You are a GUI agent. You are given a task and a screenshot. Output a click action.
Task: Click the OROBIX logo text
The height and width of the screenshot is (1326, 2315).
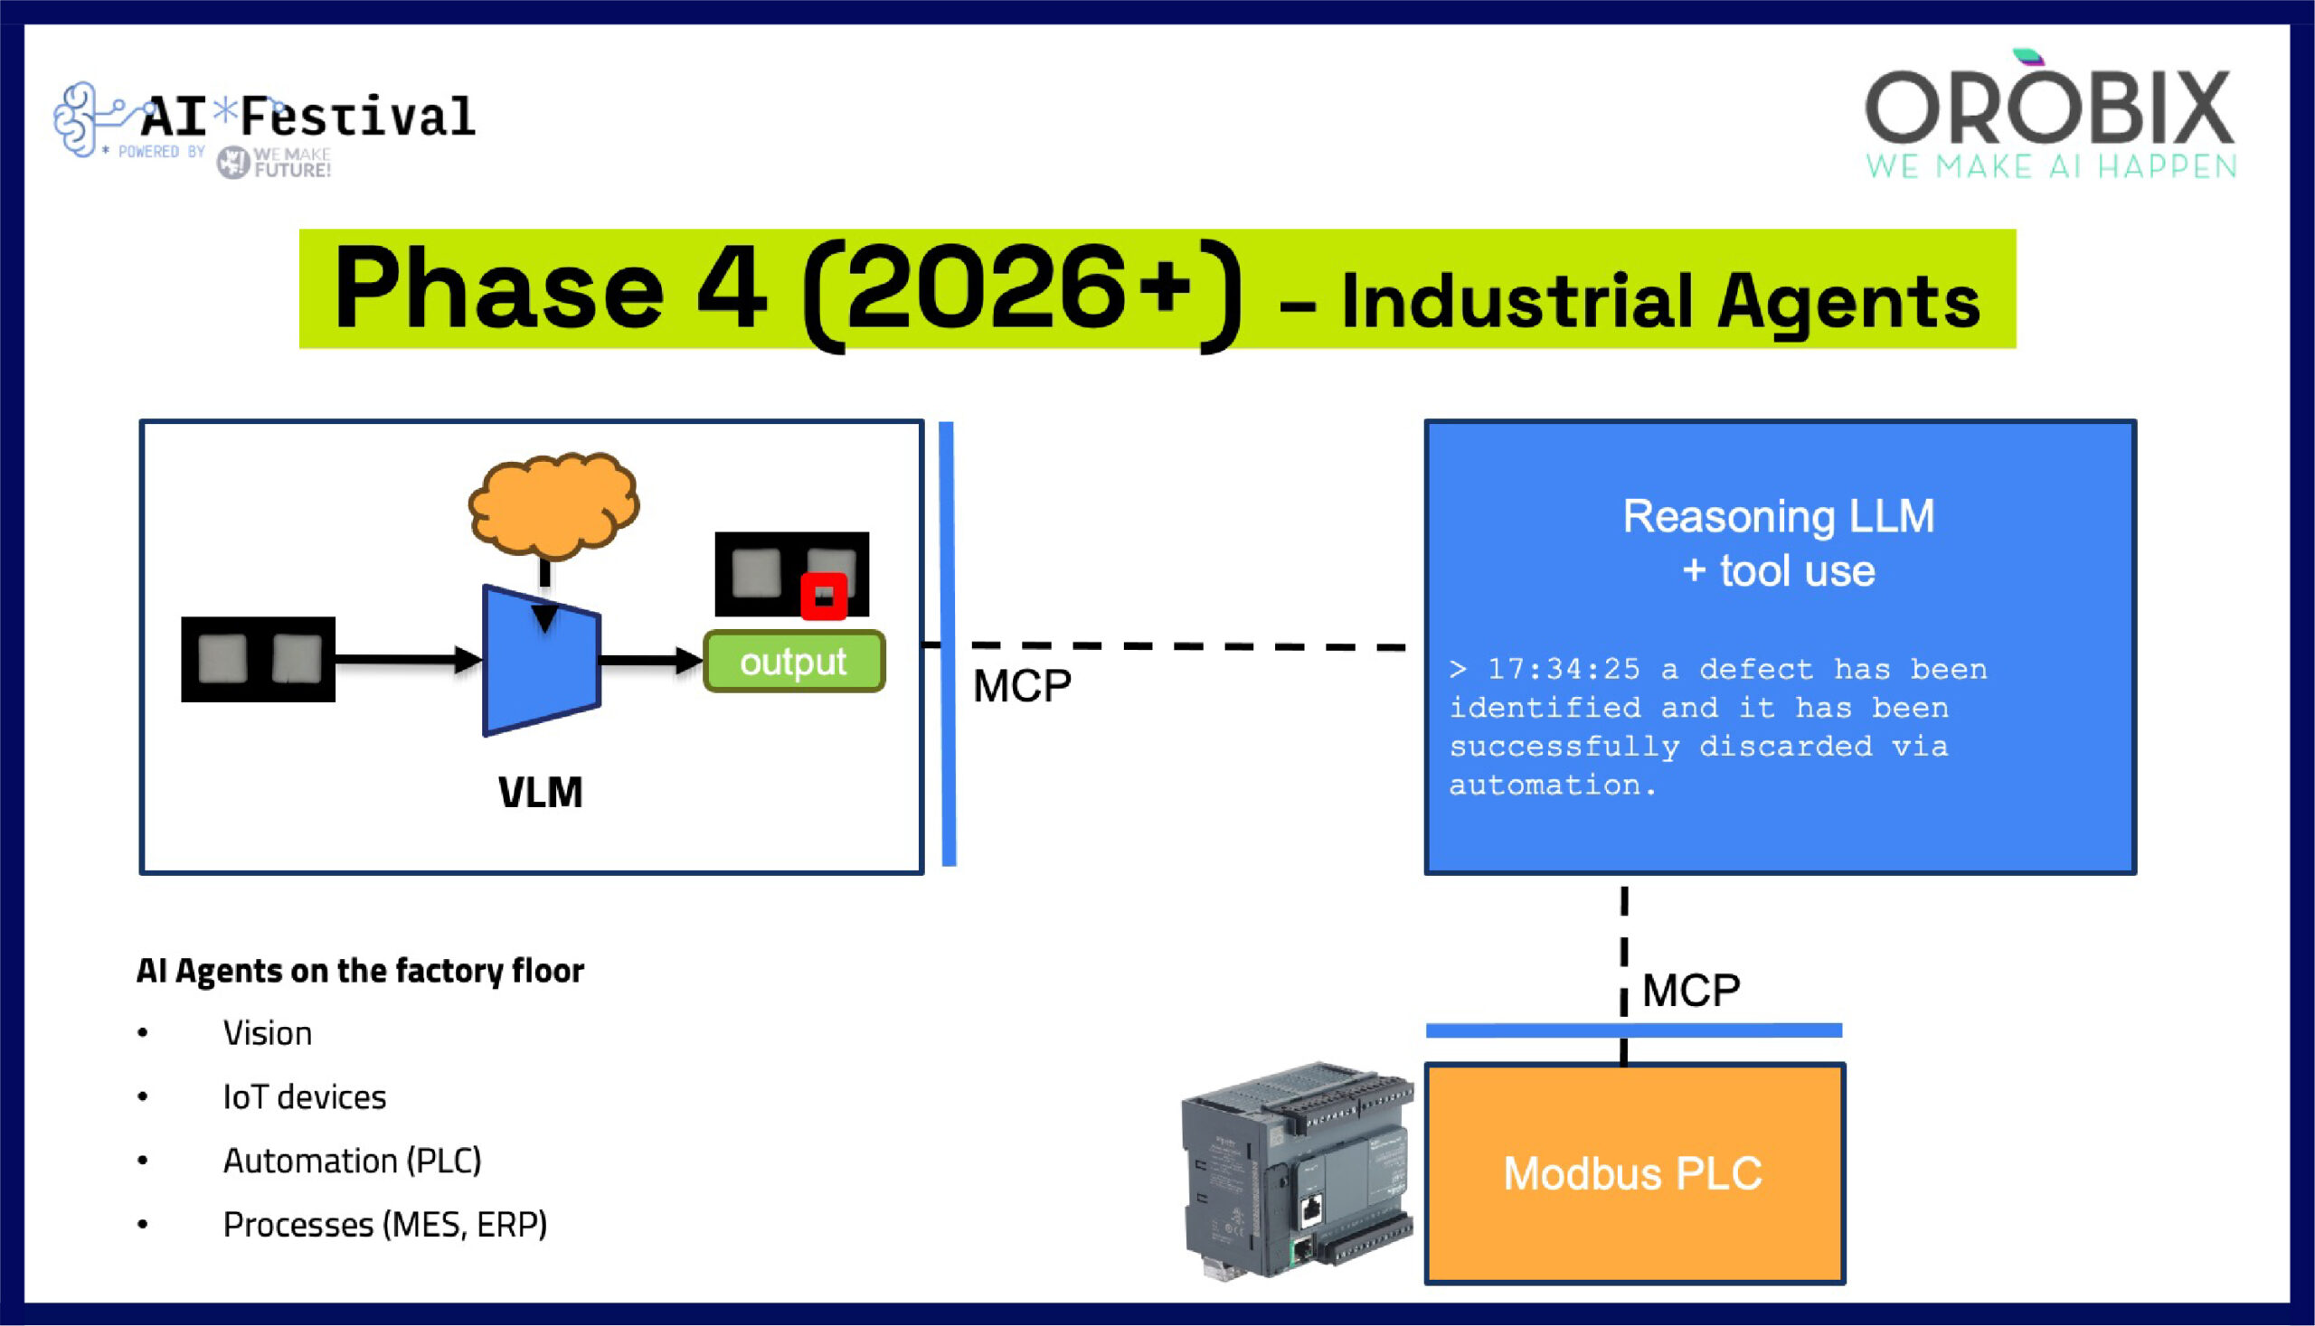(2049, 109)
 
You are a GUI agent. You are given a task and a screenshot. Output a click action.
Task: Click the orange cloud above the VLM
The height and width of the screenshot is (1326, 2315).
(553, 503)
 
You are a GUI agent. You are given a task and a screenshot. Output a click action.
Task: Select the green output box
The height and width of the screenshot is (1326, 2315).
(793, 662)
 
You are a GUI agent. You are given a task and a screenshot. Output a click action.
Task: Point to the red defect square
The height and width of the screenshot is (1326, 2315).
(824, 597)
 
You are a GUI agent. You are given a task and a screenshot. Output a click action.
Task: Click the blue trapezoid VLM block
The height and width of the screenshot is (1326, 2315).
(541, 661)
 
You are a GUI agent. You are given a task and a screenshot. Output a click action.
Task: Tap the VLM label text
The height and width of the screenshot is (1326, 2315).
(540, 793)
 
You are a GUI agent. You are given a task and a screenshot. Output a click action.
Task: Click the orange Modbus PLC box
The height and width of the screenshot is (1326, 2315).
(1633, 1174)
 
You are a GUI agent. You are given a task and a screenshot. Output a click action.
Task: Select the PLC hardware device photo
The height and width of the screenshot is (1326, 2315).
(1297, 1171)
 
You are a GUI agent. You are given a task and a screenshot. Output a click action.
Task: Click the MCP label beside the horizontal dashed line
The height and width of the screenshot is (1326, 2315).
(1021, 687)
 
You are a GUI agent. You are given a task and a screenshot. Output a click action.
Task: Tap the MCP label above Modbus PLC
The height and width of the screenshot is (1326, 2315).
(1690, 991)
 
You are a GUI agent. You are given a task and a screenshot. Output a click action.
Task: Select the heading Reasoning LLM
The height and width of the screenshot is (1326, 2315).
(1778, 516)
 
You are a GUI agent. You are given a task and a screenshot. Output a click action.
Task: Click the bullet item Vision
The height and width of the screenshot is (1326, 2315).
(267, 1034)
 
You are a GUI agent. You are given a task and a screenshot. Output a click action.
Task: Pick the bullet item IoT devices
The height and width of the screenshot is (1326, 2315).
(304, 1097)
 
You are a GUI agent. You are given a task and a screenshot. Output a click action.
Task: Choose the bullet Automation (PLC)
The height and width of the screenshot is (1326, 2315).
(352, 1161)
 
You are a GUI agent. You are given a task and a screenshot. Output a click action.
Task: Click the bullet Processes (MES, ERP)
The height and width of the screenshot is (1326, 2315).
(384, 1225)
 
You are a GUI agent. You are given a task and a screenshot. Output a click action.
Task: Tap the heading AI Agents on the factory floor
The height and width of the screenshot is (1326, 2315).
(360, 971)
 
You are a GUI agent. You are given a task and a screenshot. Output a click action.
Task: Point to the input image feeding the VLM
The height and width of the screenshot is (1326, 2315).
(258, 659)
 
